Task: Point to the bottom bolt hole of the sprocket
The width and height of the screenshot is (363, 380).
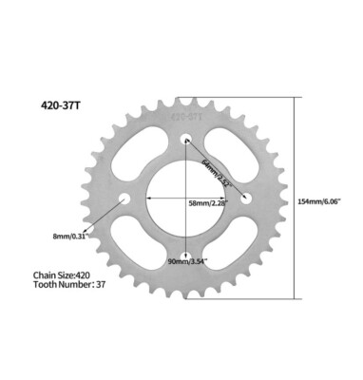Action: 184,259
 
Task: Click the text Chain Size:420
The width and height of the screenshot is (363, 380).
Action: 63,275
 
